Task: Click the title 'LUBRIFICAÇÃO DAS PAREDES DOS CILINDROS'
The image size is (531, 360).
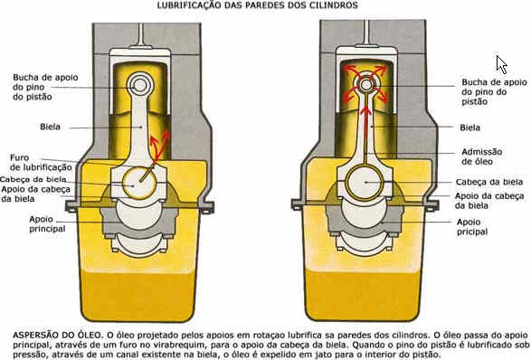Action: (x=258, y=5)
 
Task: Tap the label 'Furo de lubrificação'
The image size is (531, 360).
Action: (x=41, y=163)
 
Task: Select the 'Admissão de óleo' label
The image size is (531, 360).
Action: (x=481, y=156)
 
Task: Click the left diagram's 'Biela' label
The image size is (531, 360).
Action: (x=50, y=127)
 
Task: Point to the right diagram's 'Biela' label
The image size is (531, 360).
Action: (x=469, y=128)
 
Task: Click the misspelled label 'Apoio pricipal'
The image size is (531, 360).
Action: (x=472, y=227)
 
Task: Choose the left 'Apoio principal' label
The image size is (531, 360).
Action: (x=47, y=223)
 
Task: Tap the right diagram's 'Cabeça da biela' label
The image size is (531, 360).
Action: (x=489, y=182)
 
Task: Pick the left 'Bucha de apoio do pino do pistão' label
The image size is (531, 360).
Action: (x=45, y=87)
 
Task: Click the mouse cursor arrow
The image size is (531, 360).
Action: (x=501, y=65)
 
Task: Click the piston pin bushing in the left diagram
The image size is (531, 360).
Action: (x=140, y=85)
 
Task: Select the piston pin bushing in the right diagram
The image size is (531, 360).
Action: (x=365, y=84)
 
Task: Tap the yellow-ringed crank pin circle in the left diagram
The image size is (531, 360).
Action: (x=139, y=183)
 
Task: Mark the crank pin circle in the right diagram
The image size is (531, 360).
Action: (x=365, y=182)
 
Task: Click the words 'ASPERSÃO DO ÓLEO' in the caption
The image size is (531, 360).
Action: (x=57, y=335)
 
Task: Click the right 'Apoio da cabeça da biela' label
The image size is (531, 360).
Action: (x=489, y=201)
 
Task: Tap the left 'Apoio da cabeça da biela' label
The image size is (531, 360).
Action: (x=35, y=194)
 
